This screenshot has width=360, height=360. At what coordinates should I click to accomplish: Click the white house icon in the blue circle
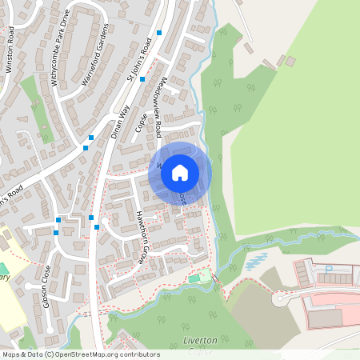pos(180,171)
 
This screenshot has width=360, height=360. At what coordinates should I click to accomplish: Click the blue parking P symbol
pos(328,270)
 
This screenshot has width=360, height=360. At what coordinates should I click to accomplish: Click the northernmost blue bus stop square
pos(160,33)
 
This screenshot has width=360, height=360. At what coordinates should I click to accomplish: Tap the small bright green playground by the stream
pos(195,278)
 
